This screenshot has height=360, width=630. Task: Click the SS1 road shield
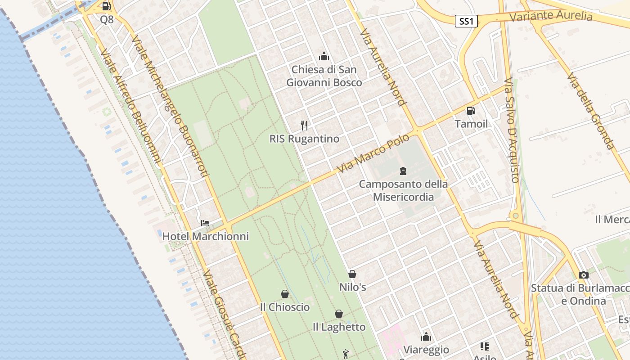pyautogui.click(x=466, y=21)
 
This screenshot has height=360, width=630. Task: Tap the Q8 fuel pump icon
pyautogui.click(x=107, y=6)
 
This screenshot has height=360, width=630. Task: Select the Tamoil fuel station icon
pyautogui.click(x=471, y=110)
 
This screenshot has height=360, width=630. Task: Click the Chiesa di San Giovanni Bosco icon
pyautogui.click(x=324, y=56)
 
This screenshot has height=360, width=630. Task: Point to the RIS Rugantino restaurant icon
pyautogui.click(x=305, y=125)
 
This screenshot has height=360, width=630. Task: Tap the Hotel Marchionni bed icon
pyautogui.click(x=205, y=223)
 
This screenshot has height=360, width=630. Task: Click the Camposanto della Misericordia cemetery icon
pyautogui.click(x=403, y=171)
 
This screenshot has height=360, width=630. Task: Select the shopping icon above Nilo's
pyautogui.click(x=352, y=274)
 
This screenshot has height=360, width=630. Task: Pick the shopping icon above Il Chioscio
pyautogui.click(x=285, y=294)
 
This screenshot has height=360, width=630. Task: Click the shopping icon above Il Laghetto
pyautogui.click(x=339, y=314)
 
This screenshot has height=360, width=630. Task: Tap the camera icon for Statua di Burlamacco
pyautogui.click(x=584, y=275)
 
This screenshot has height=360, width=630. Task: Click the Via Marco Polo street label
pyautogui.click(x=373, y=153)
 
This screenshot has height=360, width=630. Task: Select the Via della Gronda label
pyautogui.click(x=590, y=111)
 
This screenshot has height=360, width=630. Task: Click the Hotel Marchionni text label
pyautogui.click(x=205, y=236)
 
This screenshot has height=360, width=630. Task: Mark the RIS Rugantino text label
pyautogui.click(x=304, y=139)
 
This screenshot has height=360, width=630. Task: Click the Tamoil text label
pyautogui.click(x=471, y=124)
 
